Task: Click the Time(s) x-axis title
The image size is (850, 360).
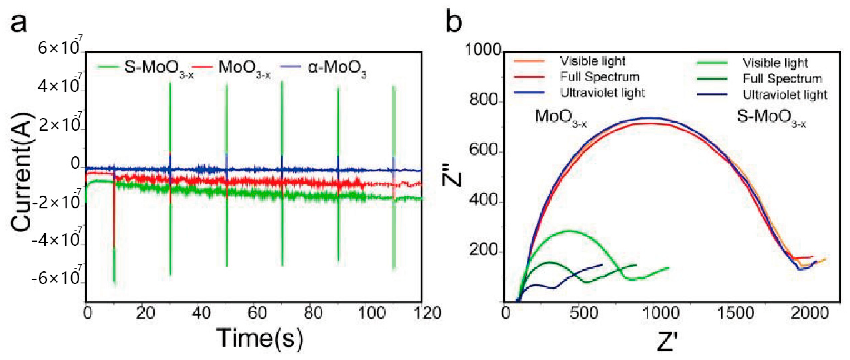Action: click(x=260, y=338)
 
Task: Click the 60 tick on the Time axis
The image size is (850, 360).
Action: click(x=257, y=313)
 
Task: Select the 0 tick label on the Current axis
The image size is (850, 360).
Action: click(x=75, y=164)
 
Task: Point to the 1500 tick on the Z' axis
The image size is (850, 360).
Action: click(x=736, y=313)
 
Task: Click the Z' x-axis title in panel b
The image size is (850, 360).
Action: click(x=667, y=342)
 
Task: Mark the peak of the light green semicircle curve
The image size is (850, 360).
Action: click(x=568, y=231)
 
